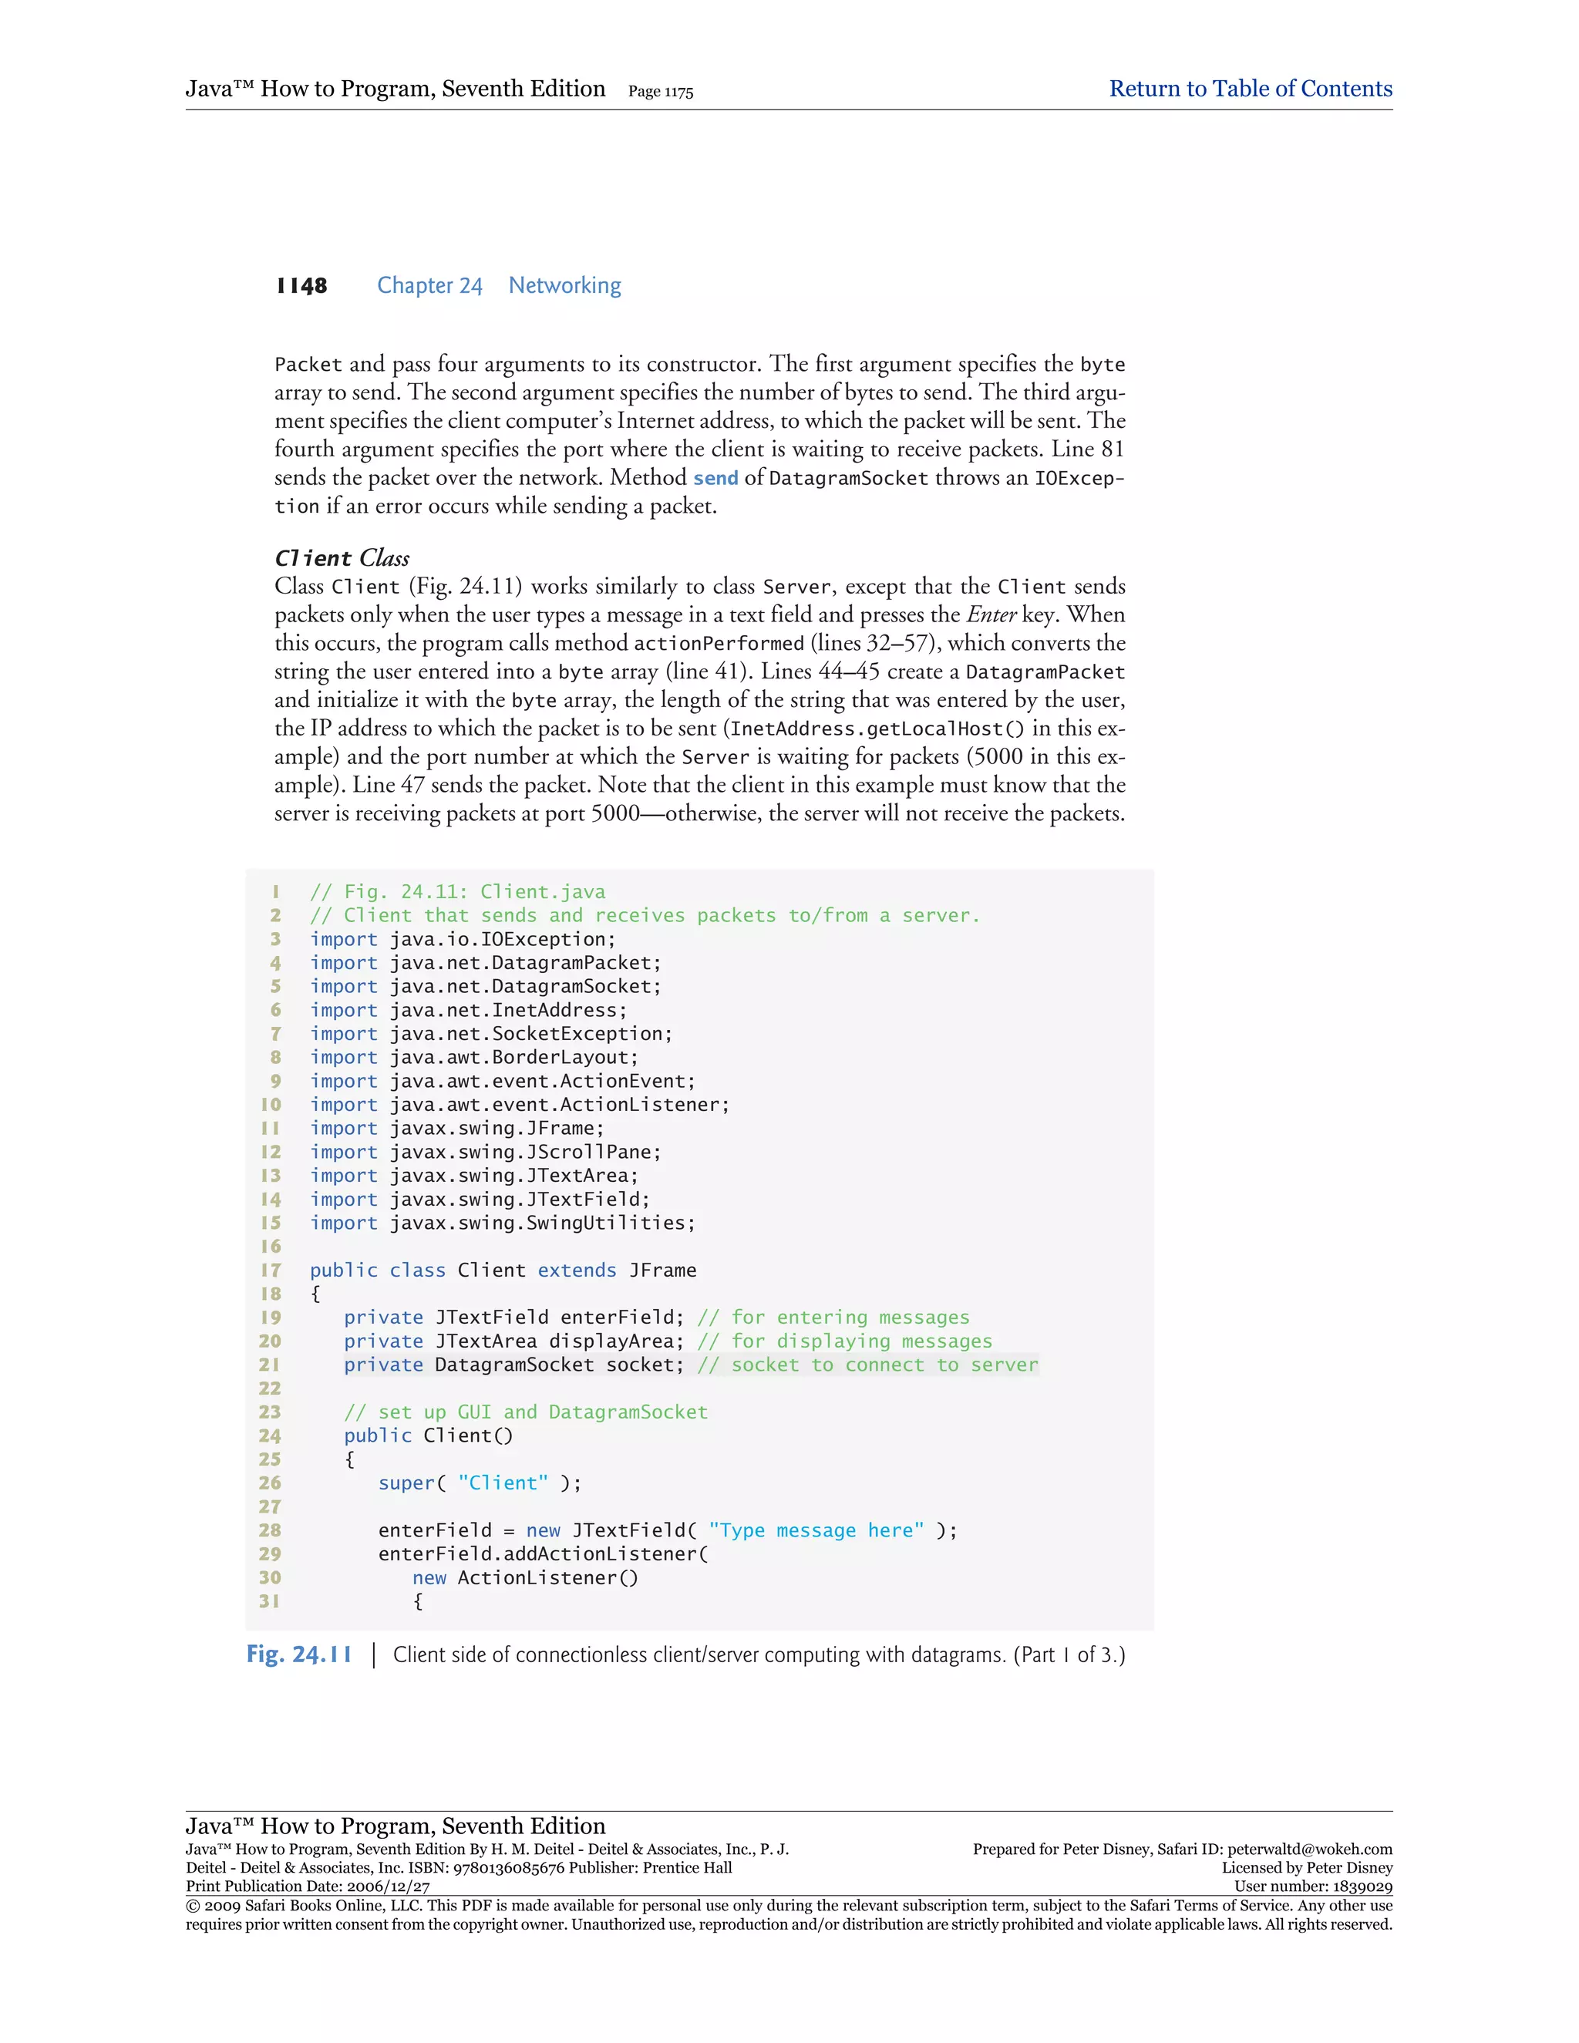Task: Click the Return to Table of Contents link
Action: (x=1250, y=89)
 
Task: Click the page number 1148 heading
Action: (x=301, y=286)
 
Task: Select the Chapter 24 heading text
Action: (x=429, y=286)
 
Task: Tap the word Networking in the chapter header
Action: (x=564, y=286)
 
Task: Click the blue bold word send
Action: (x=715, y=478)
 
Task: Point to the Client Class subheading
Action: (x=342, y=558)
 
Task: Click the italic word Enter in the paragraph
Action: (x=991, y=614)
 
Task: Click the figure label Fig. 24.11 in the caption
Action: (x=299, y=1654)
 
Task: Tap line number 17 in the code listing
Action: (x=271, y=1271)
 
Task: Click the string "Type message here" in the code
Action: (x=816, y=1530)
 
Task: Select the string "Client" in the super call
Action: (x=503, y=1483)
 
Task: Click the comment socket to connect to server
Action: (x=868, y=1365)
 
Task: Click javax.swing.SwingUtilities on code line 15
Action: (x=543, y=1223)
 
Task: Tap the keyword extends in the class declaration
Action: (x=576, y=1271)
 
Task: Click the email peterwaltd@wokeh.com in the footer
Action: (x=1310, y=1849)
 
